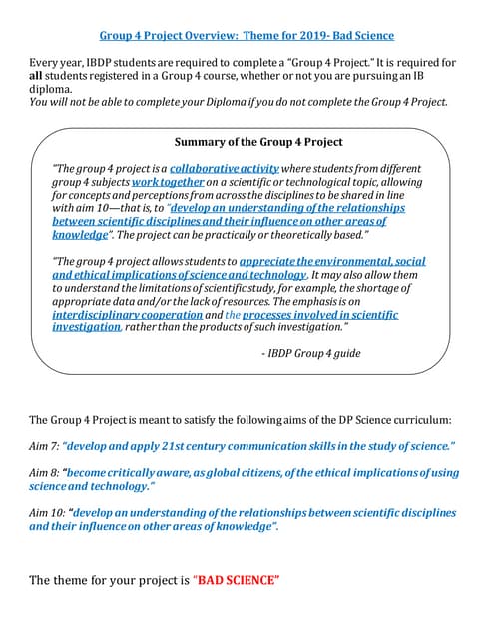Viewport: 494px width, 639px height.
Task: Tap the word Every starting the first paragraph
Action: pos(46,63)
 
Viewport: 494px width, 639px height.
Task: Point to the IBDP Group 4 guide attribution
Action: pos(312,352)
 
